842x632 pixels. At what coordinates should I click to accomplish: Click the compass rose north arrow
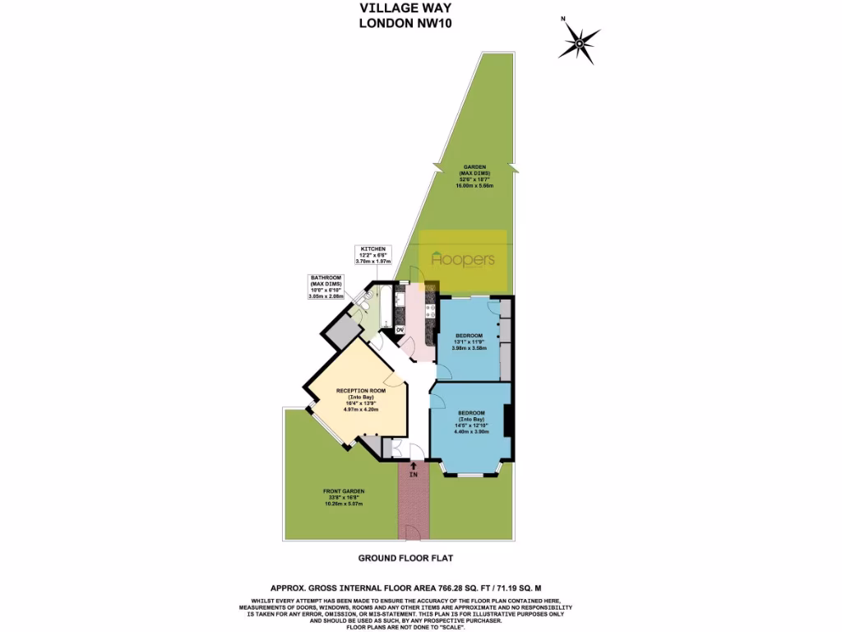[580, 39]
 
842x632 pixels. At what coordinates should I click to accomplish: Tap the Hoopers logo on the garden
[463, 259]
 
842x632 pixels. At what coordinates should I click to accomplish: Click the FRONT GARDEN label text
[344, 496]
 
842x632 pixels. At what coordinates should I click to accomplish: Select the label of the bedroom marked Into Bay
[472, 421]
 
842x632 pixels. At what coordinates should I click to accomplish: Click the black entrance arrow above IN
[413, 466]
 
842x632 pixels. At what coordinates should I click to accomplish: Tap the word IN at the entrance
[413, 475]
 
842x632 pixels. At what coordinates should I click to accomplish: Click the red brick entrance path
[413, 506]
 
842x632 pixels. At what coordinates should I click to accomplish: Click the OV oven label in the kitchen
[400, 330]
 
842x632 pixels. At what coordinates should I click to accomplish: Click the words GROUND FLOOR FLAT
[405, 558]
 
